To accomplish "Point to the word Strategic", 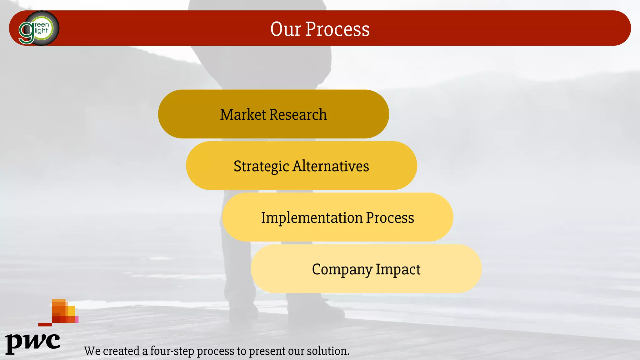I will click(x=261, y=166).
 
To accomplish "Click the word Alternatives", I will click(x=331, y=166).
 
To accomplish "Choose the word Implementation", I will click(x=312, y=217).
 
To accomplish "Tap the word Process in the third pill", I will click(x=390, y=217).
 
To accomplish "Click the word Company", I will click(x=342, y=269).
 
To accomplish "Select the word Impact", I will click(x=398, y=269).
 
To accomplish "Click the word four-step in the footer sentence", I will click(x=172, y=351).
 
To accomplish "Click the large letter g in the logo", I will click(x=27, y=32).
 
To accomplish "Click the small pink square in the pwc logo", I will click(x=77, y=319).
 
